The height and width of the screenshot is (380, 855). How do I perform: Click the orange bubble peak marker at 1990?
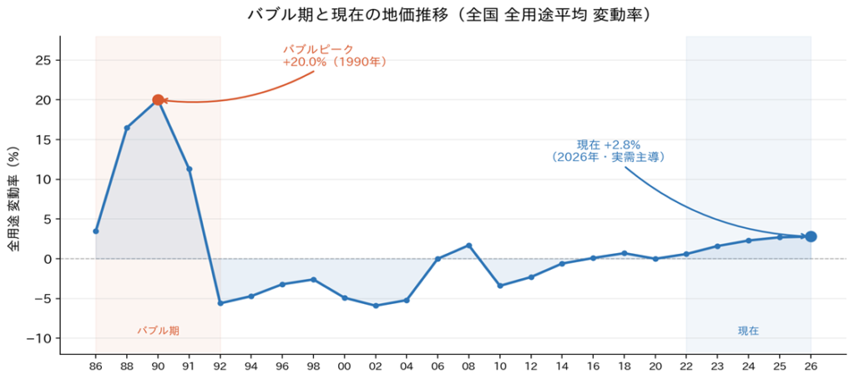(x=158, y=100)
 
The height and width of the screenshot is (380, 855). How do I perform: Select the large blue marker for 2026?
(x=811, y=236)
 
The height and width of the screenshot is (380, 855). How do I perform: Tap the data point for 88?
(x=127, y=128)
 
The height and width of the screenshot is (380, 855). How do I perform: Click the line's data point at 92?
(x=220, y=303)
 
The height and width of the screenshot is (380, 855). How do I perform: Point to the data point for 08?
(x=468, y=246)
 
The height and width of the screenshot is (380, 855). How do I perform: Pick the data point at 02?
(x=376, y=306)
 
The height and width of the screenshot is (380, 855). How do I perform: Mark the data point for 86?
(x=96, y=231)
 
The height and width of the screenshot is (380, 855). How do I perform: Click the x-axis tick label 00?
(x=344, y=366)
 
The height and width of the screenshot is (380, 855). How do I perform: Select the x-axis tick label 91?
(x=190, y=366)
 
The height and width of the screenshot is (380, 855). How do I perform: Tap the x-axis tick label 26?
(x=811, y=366)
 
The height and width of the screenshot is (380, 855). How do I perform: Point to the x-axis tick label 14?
(x=562, y=366)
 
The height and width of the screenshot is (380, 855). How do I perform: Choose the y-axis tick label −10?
(x=38, y=338)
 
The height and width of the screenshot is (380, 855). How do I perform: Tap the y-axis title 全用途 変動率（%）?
(x=13, y=200)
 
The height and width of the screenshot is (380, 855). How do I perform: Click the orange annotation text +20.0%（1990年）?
(x=334, y=62)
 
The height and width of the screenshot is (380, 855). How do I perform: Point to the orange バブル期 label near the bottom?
(x=158, y=331)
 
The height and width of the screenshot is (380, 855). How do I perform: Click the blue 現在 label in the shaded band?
(x=748, y=331)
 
